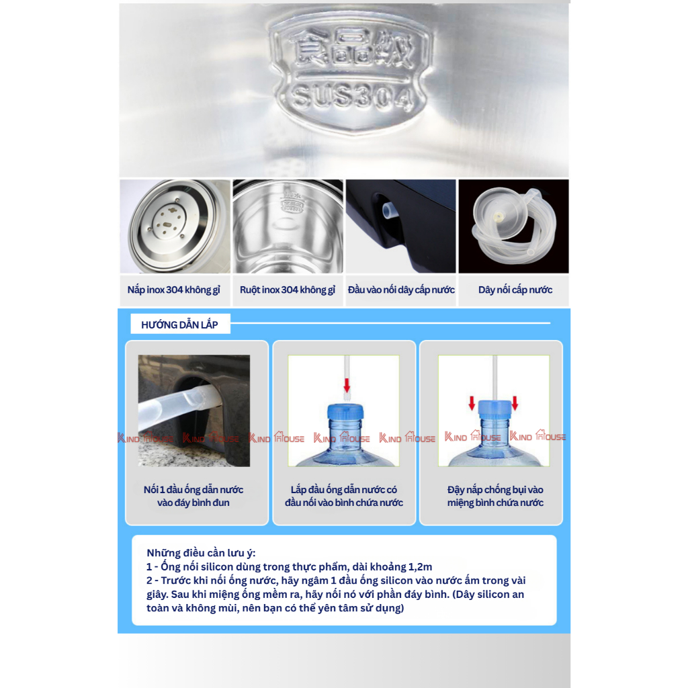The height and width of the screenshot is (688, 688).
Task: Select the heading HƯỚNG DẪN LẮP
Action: coord(179,325)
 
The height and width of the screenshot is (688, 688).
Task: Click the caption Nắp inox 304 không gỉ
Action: coord(174,290)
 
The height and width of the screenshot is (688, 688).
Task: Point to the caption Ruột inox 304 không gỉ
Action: coord(288,290)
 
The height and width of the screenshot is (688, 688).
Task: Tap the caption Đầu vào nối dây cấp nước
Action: coord(401,290)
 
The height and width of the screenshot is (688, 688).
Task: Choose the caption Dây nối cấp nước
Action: coord(515,290)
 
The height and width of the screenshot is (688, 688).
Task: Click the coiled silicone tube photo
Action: coord(514,226)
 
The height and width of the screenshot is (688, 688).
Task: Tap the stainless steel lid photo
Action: coord(175,226)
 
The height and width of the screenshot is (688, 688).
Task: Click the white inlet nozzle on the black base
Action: coord(389,210)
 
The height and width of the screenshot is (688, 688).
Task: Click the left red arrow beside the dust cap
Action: coord(472,403)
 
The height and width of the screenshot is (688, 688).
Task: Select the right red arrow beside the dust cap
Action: coord(515,403)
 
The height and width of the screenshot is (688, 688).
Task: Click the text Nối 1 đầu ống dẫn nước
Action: coord(193,490)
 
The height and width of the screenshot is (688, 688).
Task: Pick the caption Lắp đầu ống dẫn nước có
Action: coord(343,490)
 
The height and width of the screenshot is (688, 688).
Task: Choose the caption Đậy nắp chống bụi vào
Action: coord(495,490)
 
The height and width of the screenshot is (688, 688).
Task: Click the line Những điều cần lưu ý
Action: coord(201,553)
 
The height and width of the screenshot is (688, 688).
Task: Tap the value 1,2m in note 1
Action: coord(420,567)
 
